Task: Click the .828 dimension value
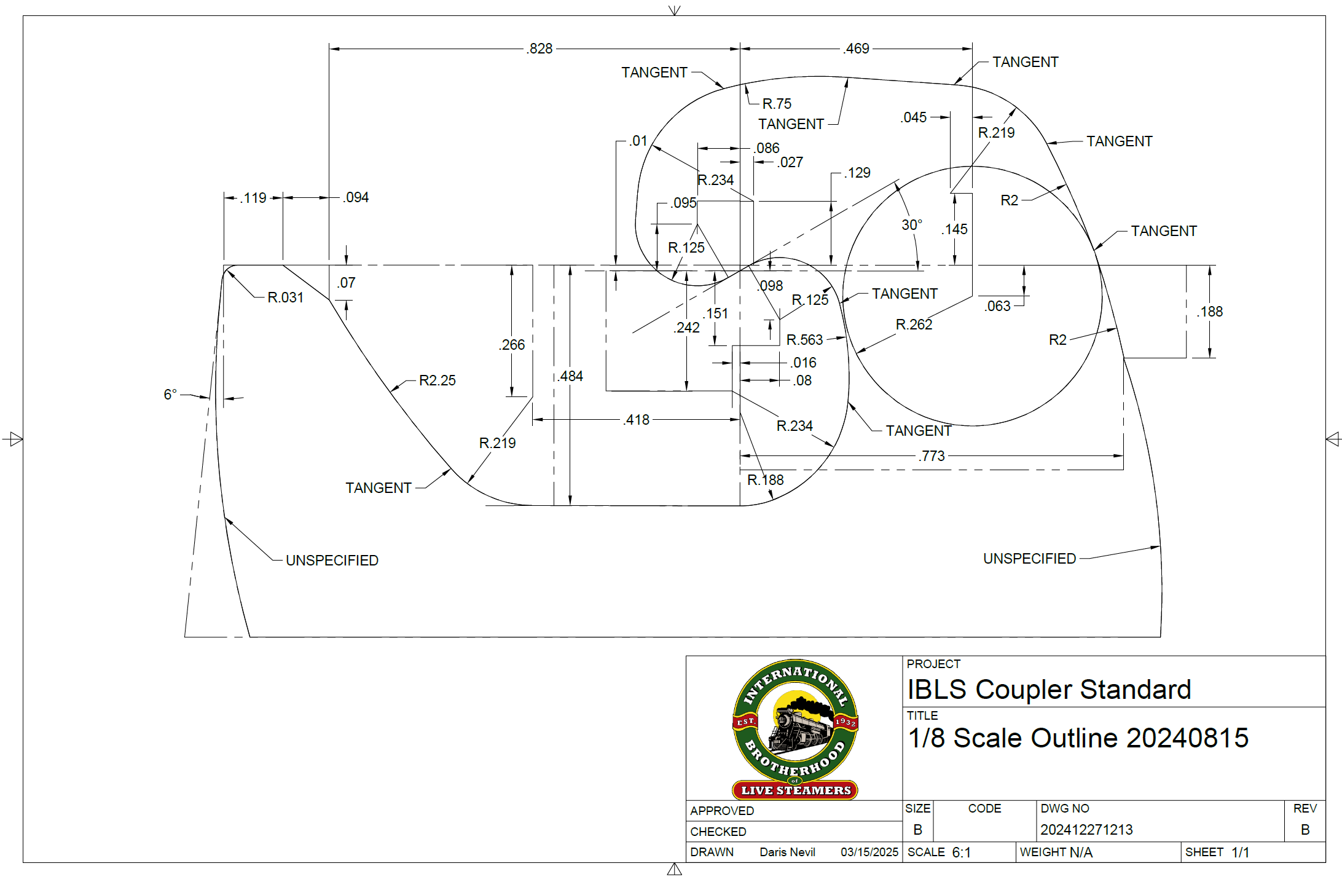tap(540, 49)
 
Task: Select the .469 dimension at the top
tap(857, 49)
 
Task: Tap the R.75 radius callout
tap(777, 104)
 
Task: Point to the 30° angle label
tap(912, 225)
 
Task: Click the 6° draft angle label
tap(170, 394)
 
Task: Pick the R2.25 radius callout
tap(437, 380)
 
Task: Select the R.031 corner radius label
tap(285, 297)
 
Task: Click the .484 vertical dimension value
tap(571, 376)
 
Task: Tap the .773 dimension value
tap(932, 456)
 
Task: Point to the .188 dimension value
tap(1210, 312)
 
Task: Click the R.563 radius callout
tap(804, 340)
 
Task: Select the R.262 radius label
tap(914, 325)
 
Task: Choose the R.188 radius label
tap(765, 480)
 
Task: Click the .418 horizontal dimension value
tap(637, 420)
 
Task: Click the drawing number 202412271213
tap(1086, 830)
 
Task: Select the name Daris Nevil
tap(787, 853)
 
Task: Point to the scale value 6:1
tap(961, 853)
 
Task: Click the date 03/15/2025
tap(869, 853)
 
